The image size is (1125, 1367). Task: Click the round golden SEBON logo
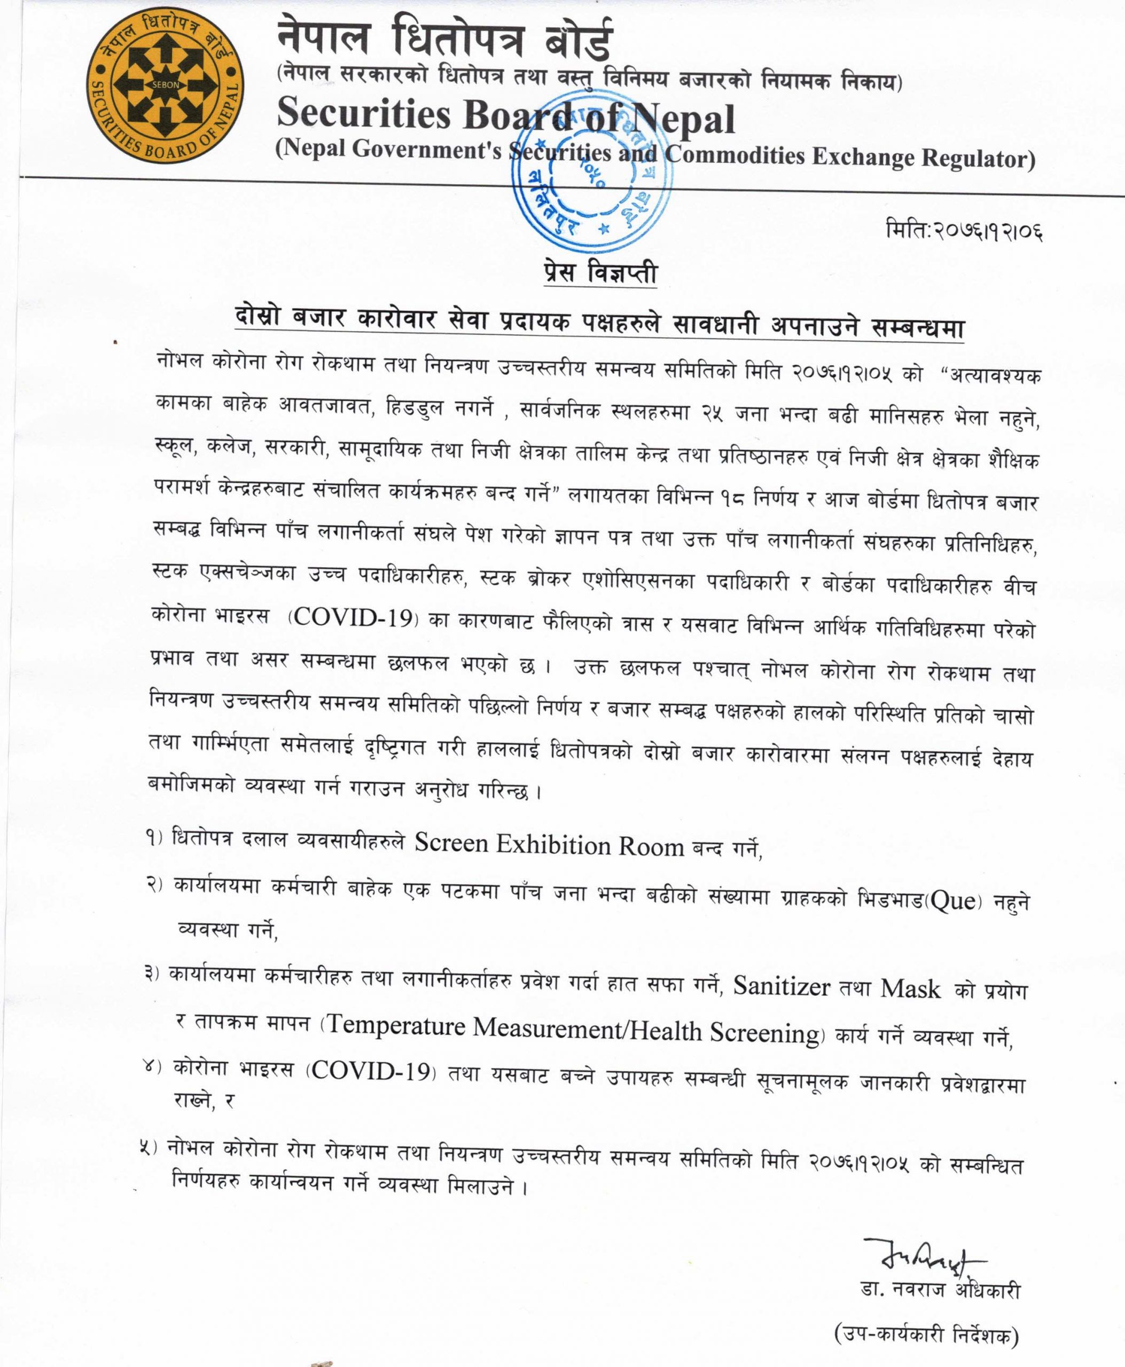[165, 85]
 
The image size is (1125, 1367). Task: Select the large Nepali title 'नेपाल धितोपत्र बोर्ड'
[444, 39]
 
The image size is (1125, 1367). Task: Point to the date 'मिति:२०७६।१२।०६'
[964, 230]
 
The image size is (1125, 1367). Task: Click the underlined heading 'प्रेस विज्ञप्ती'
[600, 272]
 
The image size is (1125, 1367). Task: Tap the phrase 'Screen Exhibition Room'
[550, 844]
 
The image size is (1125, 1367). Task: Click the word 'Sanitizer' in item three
[782, 986]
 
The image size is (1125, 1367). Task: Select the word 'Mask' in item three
[910, 988]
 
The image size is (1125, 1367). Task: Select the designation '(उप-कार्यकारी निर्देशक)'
[926, 1334]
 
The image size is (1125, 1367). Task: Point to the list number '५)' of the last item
[149, 1148]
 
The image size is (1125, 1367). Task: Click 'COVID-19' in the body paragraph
[353, 617]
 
